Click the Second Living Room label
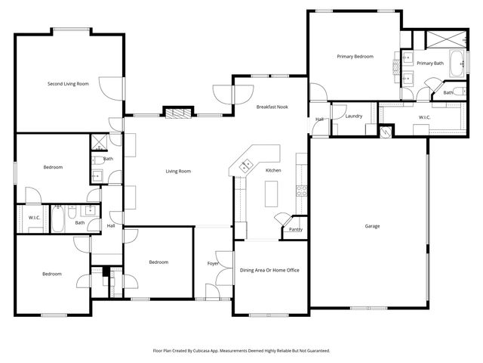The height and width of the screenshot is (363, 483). pyautogui.click(x=68, y=84)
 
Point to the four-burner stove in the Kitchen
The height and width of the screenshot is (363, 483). pyautogui.click(x=302, y=191)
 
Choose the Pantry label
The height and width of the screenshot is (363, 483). pyautogui.click(x=295, y=229)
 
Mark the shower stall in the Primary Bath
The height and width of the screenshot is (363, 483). pyautogui.click(x=438, y=39)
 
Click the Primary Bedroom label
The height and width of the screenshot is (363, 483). pyautogui.click(x=355, y=57)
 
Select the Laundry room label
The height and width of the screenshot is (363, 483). pyautogui.click(x=353, y=116)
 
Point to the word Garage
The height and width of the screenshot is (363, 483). pyautogui.click(x=372, y=226)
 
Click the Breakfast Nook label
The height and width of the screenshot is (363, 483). pyautogui.click(x=272, y=107)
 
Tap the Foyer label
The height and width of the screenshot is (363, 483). pyautogui.click(x=213, y=263)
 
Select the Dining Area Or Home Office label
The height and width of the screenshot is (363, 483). pyautogui.click(x=270, y=270)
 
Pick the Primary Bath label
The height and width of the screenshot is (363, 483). pyautogui.click(x=430, y=64)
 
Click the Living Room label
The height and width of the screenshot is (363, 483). pyautogui.click(x=178, y=171)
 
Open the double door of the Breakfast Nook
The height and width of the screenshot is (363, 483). pyautogui.click(x=223, y=94)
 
